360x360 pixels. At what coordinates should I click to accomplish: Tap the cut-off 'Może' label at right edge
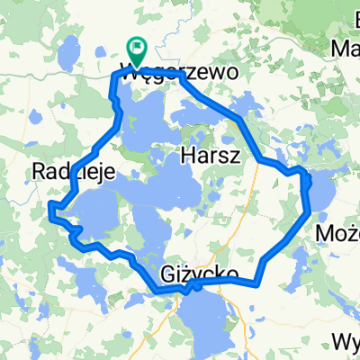[x=340, y=235]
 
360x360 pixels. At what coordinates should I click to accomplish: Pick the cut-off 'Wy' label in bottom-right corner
[x=346, y=342]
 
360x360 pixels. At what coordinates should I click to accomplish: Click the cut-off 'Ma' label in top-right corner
[x=346, y=47]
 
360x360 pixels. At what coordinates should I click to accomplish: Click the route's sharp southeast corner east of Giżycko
[x=258, y=284]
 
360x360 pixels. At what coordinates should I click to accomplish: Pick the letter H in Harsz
[x=188, y=155]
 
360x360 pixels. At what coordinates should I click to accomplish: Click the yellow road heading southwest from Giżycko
[x=166, y=315]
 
